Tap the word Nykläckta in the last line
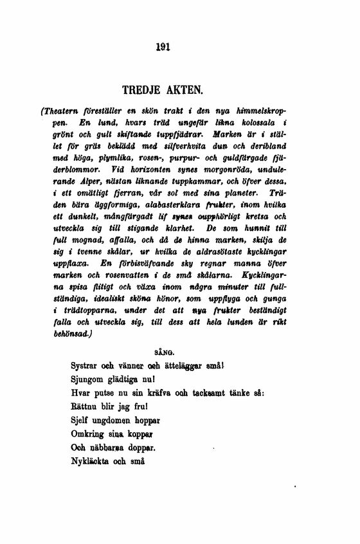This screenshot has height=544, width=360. [91, 460]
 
